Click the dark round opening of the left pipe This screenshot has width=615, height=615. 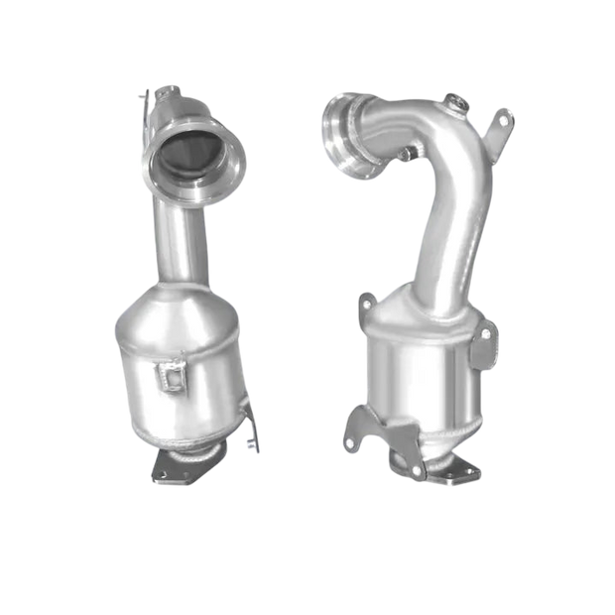click(x=195, y=156)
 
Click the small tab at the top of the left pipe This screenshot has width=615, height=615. click(x=150, y=94)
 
